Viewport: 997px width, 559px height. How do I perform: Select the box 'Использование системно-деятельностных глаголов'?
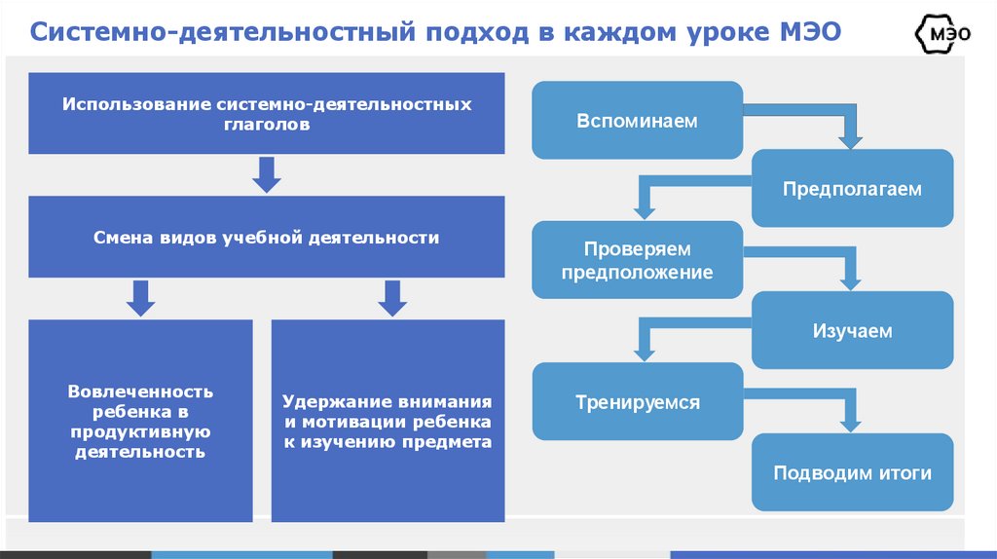pos(267,114)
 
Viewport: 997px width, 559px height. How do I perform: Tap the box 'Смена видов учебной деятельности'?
pos(267,237)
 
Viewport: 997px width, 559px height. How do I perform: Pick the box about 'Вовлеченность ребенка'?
pos(140,421)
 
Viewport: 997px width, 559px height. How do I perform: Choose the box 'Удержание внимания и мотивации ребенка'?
pos(388,421)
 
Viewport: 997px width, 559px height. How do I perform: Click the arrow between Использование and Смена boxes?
pos(267,174)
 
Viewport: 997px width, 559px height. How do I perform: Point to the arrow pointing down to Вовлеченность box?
pos(141,298)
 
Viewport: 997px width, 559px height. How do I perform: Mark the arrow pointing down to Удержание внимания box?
pos(391,298)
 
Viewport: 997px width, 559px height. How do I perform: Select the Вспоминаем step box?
pos(637,121)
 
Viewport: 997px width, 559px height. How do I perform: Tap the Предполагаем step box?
pos(852,189)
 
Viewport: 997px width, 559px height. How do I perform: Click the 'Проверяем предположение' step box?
pos(637,260)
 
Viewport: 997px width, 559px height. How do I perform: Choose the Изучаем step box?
pos(852,331)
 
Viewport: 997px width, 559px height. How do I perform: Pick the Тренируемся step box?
pos(637,401)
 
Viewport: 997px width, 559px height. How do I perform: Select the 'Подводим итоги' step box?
pos(852,473)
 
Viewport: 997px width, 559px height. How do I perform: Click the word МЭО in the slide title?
pos(808,33)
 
